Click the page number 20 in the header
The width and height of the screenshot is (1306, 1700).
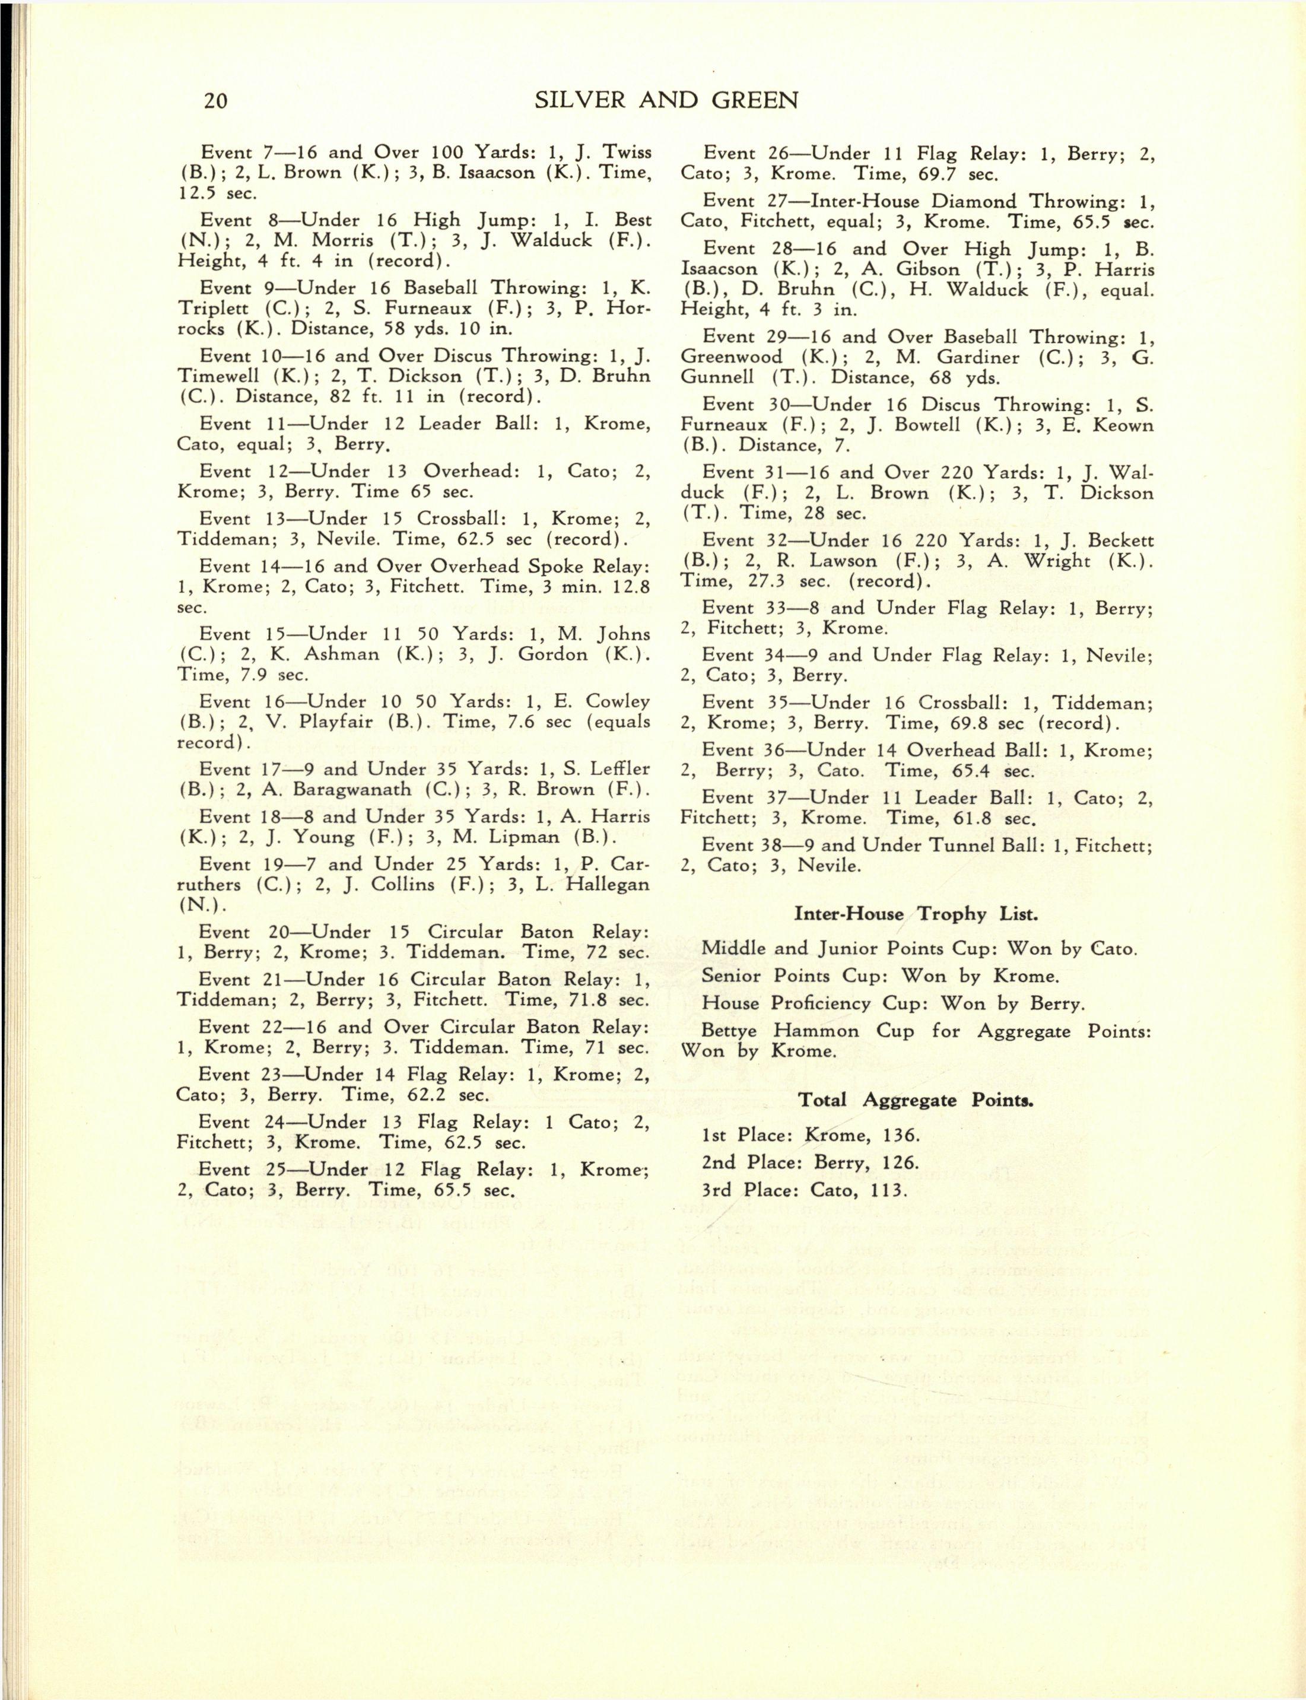215,100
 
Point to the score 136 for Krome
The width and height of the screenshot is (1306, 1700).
901,1135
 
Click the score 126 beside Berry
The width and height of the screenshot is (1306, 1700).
900,1163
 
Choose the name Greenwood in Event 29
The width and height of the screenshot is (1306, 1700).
732,358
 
